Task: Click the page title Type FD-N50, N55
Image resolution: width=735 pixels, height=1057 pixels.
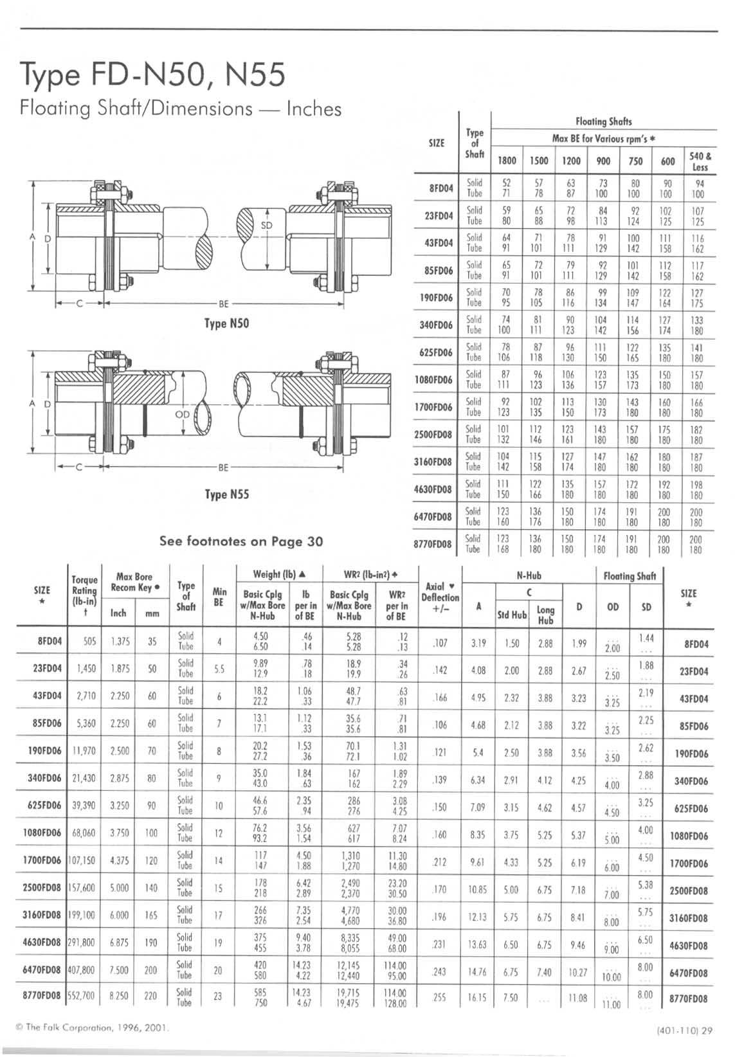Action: pos(152,75)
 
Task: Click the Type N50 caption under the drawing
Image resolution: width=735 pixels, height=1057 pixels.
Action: pos(226,323)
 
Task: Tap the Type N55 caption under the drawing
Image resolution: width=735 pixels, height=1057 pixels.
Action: pos(226,494)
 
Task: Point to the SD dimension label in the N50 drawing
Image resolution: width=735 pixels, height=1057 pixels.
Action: pos(266,225)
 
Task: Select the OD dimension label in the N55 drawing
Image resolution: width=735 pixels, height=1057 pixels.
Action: pos(183,414)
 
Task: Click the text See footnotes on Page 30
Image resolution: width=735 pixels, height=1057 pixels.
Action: pos(241,541)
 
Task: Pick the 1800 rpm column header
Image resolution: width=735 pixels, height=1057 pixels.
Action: pos(507,161)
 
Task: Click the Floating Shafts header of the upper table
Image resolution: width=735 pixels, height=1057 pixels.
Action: pos(603,121)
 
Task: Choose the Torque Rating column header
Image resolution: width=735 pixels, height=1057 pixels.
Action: pos(84,591)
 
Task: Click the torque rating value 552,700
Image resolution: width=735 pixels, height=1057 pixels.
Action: pos(81,996)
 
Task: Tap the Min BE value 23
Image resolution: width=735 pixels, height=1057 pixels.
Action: pos(218,996)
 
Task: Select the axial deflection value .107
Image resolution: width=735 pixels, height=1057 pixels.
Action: pos(440,642)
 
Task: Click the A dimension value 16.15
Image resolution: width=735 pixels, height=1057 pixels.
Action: pos(477,997)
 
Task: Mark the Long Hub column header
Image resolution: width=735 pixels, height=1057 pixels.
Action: pos(545,615)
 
